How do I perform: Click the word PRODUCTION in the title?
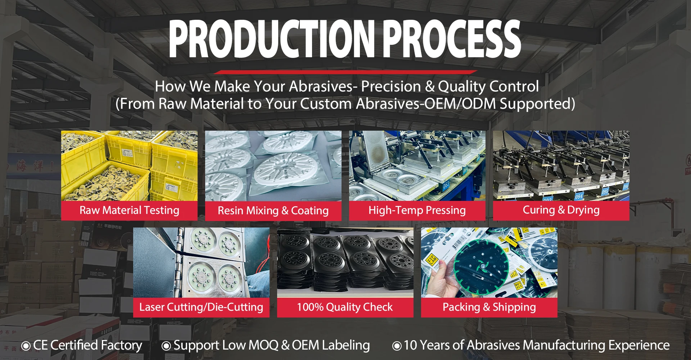(x=272, y=39)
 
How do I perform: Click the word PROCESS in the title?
(x=452, y=39)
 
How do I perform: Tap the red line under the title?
(x=345, y=72)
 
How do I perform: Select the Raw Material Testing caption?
(x=129, y=210)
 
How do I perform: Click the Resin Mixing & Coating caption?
(x=273, y=211)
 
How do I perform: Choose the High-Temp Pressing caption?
(x=417, y=210)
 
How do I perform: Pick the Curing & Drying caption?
(x=561, y=210)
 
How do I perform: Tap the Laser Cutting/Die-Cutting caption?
(x=201, y=307)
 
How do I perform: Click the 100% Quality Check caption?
(x=345, y=307)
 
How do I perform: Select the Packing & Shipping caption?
(x=489, y=307)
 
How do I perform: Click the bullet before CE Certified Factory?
(x=26, y=346)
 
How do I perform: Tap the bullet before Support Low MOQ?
(x=166, y=346)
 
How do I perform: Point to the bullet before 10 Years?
(x=397, y=346)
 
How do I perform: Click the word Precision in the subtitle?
(x=391, y=87)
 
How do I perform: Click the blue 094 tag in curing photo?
(x=578, y=197)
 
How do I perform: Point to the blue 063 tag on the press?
(x=446, y=185)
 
